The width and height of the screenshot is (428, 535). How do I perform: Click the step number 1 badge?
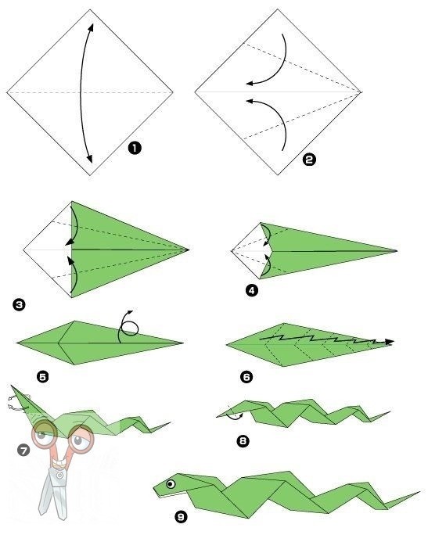pos(135,148)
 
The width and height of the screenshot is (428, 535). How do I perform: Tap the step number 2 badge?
pos(309,160)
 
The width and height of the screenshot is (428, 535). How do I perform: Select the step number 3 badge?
pos(19,304)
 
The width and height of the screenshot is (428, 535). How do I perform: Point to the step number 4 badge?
pos(252,290)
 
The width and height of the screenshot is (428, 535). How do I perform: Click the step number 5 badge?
pos(43,377)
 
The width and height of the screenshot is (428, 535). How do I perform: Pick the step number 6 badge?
pos(246,377)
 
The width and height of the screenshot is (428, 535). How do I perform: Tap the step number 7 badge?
pos(23,451)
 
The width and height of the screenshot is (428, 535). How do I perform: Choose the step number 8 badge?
pos(243,441)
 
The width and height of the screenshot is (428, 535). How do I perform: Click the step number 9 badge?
pos(181,517)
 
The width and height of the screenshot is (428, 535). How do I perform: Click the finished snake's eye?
pos(171,484)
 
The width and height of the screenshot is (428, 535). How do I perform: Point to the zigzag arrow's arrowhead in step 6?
pos(390,341)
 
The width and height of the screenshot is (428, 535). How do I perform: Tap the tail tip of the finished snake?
pos(420,492)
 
